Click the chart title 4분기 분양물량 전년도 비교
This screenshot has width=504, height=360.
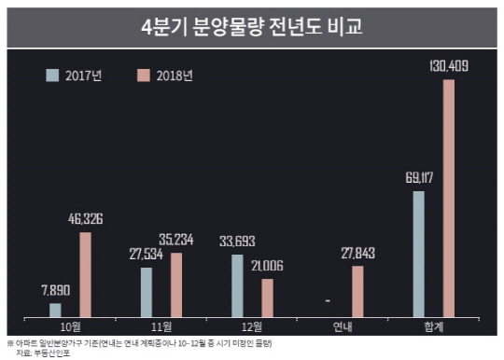coord(252,26)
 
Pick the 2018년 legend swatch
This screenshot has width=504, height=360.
coord(144,75)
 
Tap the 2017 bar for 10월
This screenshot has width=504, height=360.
coord(55,310)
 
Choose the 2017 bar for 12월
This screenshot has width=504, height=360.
coord(237,285)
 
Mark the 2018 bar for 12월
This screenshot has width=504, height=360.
coord(267,298)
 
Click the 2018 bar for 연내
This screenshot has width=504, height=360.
coord(358,291)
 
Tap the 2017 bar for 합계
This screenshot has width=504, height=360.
coord(419,254)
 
